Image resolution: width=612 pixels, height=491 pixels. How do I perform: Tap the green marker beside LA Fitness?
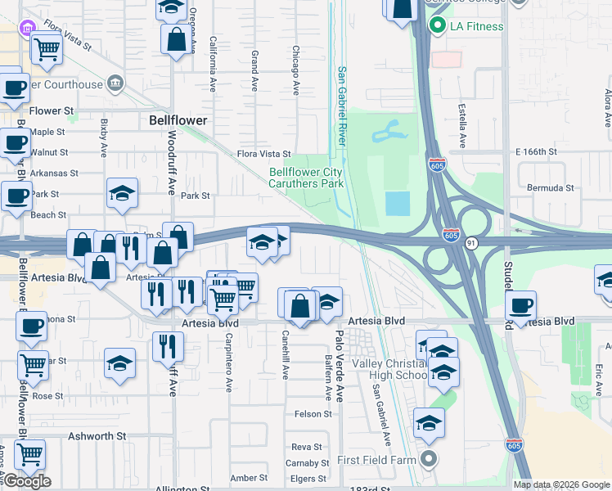[x=437, y=26]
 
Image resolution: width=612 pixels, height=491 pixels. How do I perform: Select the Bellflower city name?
[x=178, y=119]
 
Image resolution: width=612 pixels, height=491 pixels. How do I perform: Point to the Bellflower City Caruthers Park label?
[x=307, y=178]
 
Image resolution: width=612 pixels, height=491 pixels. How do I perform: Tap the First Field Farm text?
[x=377, y=459]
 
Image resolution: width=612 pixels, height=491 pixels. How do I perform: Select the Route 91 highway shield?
[x=472, y=242]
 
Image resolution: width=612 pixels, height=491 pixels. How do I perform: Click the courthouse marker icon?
[x=115, y=83]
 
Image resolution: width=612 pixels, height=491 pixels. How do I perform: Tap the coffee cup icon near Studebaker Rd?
[x=520, y=308]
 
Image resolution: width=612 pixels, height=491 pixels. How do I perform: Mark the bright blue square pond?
[x=397, y=203]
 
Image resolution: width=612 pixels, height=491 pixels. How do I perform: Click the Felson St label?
[x=313, y=414]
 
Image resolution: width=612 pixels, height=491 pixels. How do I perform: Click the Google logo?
[x=26, y=481]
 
